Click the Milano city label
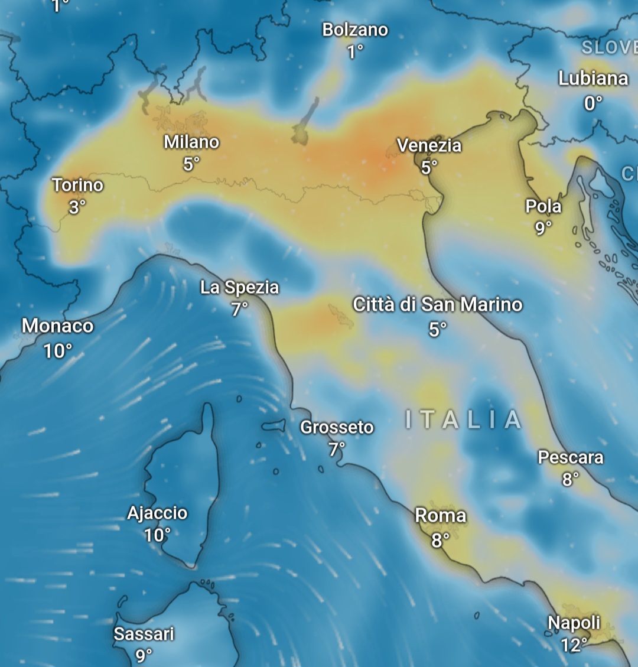click(191, 142)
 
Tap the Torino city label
click(77, 186)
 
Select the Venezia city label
click(429, 145)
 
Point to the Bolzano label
click(355, 30)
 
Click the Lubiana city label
click(593, 79)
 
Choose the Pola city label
click(543, 206)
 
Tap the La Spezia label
click(239, 288)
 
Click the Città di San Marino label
click(438, 305)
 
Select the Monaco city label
click(58, 326)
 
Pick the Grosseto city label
click(337, 427)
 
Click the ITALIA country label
click(464, 420)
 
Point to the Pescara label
click(571, 457)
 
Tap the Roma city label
click(441, 516)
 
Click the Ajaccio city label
click(158, 513)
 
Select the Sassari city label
click(144, 634)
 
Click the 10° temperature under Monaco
click(58, 352)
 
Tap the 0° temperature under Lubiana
click(593, 104)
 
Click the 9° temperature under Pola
click(543, 228)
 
